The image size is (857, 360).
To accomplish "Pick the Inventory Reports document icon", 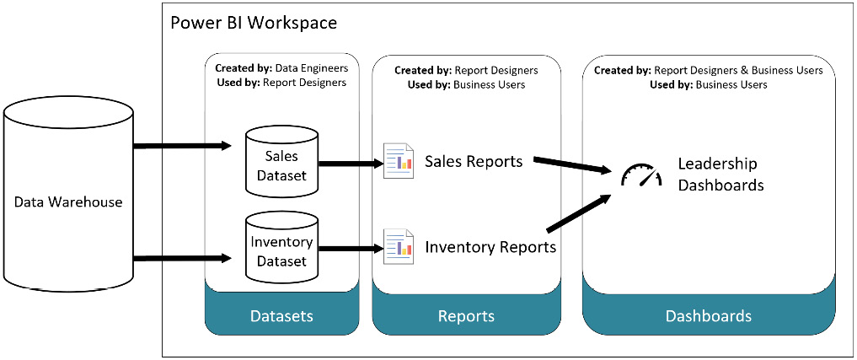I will (398, 246).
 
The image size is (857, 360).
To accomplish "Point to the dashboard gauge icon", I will (641, 175).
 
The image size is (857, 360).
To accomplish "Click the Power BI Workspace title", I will (254, 23).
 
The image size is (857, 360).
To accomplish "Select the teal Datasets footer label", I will (281, 316).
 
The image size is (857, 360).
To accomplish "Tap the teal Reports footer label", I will (466, 316).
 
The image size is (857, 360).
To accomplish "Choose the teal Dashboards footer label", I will (708, 316).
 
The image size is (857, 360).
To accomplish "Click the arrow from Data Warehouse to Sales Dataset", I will (182, 146).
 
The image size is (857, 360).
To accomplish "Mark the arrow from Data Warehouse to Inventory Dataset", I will (182, 257).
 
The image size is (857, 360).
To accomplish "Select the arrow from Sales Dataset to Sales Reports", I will (351, 163).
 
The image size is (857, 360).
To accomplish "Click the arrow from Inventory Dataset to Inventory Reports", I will (351, 248).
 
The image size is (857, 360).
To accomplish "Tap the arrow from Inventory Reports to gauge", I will (579, 213).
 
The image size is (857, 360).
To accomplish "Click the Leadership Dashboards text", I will (720, 174).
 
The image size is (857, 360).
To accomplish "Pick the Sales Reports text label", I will (474, 160).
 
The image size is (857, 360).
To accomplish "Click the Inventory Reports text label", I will (490, 247).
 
